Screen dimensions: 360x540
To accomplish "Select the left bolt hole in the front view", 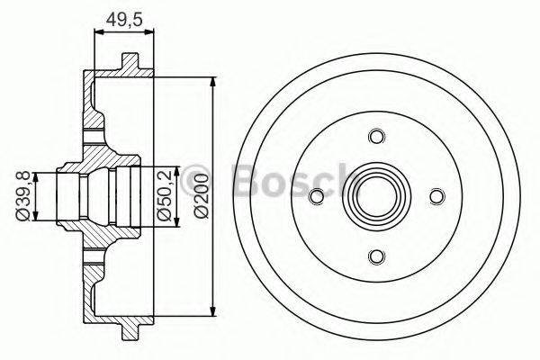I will click(x=315, y=197).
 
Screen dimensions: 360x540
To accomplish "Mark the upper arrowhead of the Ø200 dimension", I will click(x=213, y=82).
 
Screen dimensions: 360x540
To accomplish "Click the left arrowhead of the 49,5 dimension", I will click(x=98, y=33).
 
